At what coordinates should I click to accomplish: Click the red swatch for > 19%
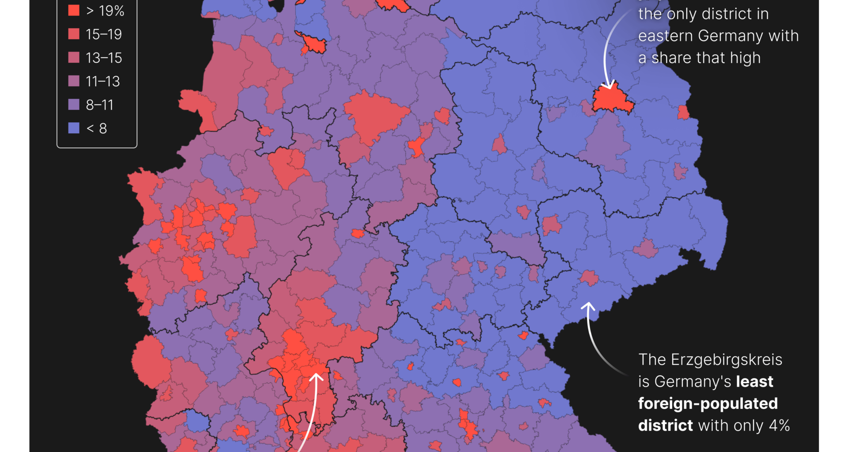click(74, 11)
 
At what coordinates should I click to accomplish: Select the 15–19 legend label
click(103, 34)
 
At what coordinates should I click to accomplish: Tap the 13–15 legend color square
click(74, 58)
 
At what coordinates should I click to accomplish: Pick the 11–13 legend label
click(102, 81)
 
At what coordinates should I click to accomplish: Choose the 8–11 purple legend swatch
click(74, 105)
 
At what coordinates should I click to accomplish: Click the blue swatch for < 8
click(74, 128)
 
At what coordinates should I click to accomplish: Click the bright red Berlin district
click(612, 100)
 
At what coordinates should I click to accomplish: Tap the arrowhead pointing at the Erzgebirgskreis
click(588, 305)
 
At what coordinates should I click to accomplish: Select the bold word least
click(754, 381)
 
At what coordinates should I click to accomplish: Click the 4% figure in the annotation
click(779, 426)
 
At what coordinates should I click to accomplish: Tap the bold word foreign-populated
click(708, 403)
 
